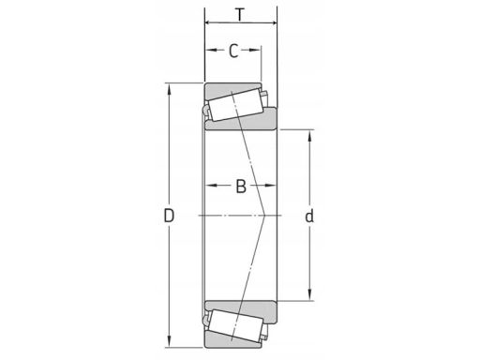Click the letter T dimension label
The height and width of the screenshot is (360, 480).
coord(240,15)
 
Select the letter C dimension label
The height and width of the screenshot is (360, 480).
coord(233,51)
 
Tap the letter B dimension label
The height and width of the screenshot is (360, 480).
coord(241,187)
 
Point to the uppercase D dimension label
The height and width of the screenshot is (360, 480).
coord(169,216)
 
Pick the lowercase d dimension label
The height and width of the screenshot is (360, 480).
coord(309,216)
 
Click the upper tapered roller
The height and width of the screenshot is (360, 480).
coord(236,105)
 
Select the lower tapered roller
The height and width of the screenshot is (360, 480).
coord(236,325)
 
